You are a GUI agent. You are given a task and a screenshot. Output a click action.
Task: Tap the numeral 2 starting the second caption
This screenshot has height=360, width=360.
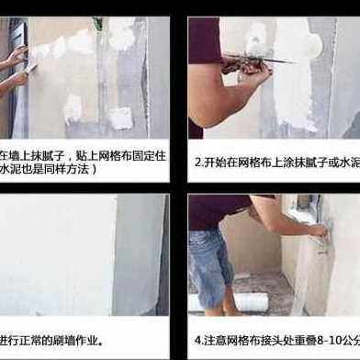pyautogui.click(x=197, y=163)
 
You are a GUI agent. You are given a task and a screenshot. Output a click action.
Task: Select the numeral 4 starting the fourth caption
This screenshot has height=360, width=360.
pyautogui.click(x=197, y=340)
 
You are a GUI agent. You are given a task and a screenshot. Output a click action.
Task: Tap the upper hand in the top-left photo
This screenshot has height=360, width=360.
pyautogui.click(x=14, y=56)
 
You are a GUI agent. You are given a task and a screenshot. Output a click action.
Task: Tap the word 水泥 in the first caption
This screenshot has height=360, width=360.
pyautogui.click(x=10, y=170)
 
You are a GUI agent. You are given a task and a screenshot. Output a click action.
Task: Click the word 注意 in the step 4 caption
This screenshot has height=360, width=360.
pyautogui.click(x=216, y=340)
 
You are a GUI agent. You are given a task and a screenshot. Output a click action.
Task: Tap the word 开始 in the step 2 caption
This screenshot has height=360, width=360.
pyautogui.click(x=215, y=163)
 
